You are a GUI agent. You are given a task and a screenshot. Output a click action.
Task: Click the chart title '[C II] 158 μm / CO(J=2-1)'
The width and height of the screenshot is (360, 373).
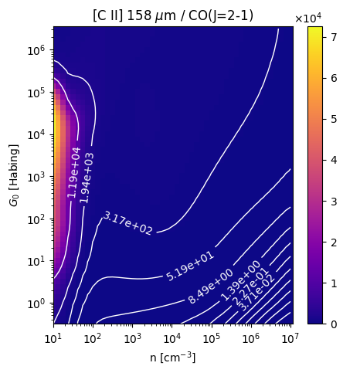tap(173, 16)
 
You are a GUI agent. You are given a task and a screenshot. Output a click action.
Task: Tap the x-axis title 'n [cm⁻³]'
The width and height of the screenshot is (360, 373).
tap(173, 358)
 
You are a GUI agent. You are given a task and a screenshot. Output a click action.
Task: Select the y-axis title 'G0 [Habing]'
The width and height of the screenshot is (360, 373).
tap(14, 175)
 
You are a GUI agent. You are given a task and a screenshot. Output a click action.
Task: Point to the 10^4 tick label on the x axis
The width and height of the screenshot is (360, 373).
tap(172, 338)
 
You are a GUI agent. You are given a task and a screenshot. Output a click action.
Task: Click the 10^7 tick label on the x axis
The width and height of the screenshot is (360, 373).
tap(290, 338)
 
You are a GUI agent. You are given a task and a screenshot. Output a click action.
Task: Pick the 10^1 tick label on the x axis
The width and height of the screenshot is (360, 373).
tap(53, 338)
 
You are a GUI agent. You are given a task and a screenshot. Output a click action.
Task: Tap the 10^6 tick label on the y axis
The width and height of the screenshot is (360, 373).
tap(36, 49)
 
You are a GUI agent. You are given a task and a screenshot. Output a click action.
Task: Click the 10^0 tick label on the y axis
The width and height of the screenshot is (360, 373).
tap(36, 303)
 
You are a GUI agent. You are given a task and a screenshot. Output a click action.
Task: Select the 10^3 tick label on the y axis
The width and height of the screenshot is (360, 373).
tap(36, 176)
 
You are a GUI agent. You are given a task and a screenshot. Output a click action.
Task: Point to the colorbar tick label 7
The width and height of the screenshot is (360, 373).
tap(334, 37)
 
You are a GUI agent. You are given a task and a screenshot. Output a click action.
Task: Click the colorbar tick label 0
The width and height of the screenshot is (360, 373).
tap(334, 324)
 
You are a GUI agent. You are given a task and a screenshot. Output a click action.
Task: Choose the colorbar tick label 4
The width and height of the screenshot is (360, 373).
tap(334, 161)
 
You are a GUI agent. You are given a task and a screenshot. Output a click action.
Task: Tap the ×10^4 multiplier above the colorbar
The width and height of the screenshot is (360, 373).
tap(308, 18)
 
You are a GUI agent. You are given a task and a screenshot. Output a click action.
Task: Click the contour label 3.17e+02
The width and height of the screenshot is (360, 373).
tap(127, 222)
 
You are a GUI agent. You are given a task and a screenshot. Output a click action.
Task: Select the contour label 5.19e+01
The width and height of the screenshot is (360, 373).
tap(190, 266)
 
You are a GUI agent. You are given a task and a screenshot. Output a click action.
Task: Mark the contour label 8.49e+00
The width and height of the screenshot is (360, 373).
tap(211, 287)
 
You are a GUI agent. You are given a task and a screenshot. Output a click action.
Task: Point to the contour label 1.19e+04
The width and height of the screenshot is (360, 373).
tap(74, 172)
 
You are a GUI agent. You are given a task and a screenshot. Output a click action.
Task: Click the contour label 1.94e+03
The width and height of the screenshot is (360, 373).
tap(87, 178)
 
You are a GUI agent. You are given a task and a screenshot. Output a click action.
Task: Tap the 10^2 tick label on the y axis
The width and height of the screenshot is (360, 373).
tap(36, 219)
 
